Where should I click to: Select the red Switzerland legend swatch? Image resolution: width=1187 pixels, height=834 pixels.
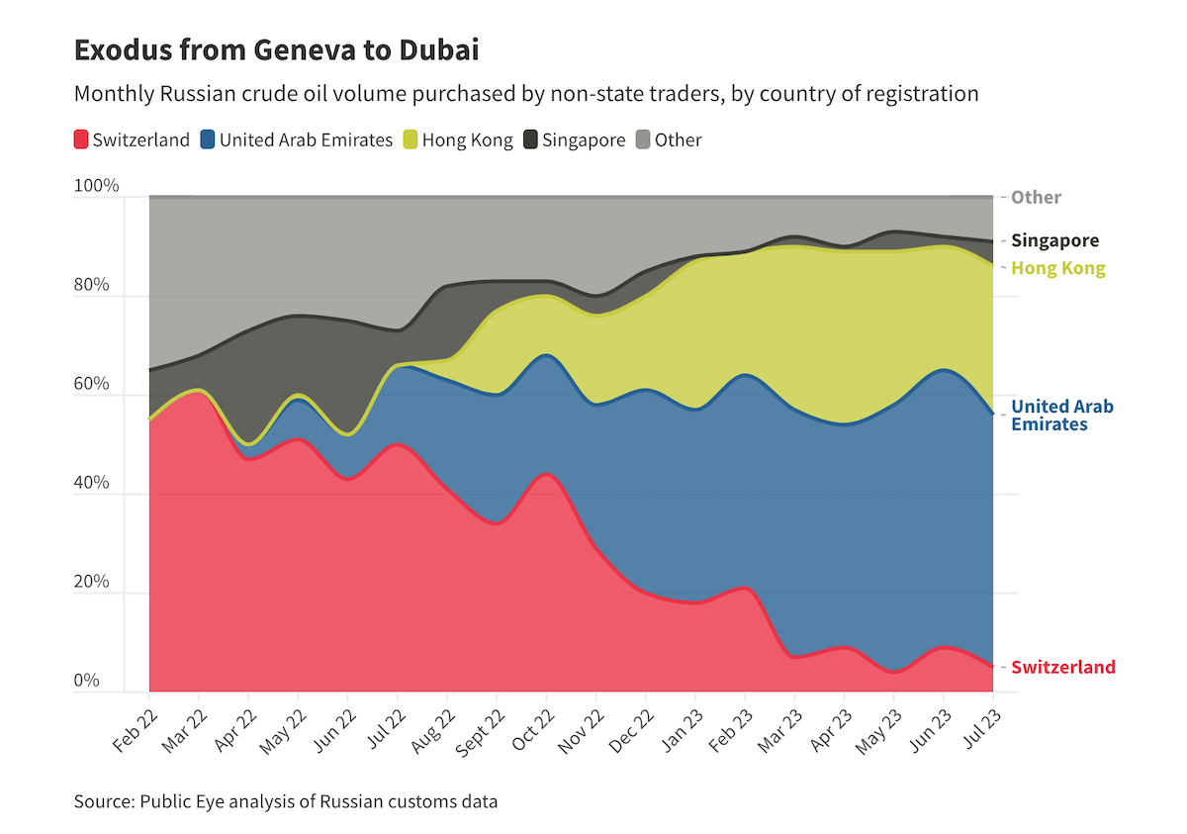coord(82,139)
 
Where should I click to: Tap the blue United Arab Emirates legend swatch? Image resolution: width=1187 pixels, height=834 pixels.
coord(209,139)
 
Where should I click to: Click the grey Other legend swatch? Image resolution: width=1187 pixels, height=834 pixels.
coord(643,139)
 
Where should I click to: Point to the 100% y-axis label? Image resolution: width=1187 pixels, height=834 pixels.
coord(97,186)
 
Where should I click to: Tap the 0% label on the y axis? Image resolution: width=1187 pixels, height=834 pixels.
coord(87,681)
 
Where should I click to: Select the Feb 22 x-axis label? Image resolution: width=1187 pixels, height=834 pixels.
coord(137,729)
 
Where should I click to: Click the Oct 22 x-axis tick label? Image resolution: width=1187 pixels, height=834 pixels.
coord(532,729)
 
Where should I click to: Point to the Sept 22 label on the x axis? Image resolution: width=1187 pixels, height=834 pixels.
coord(481,732)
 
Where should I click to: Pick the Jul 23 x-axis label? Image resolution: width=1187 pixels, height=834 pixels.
coord(978,729)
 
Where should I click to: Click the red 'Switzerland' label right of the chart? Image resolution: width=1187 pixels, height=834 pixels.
coord(1062,667)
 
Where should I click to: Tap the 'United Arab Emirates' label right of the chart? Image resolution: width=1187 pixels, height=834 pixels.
coord(1061,416)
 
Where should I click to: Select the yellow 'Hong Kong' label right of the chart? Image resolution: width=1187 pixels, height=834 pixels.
coord(1057,268)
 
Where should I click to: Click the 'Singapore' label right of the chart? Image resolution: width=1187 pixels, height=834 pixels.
coord(1054,240)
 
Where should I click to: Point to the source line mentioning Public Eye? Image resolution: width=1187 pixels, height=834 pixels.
coord(286,801)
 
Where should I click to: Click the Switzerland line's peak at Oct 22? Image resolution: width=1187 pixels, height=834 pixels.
coord(546,474)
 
